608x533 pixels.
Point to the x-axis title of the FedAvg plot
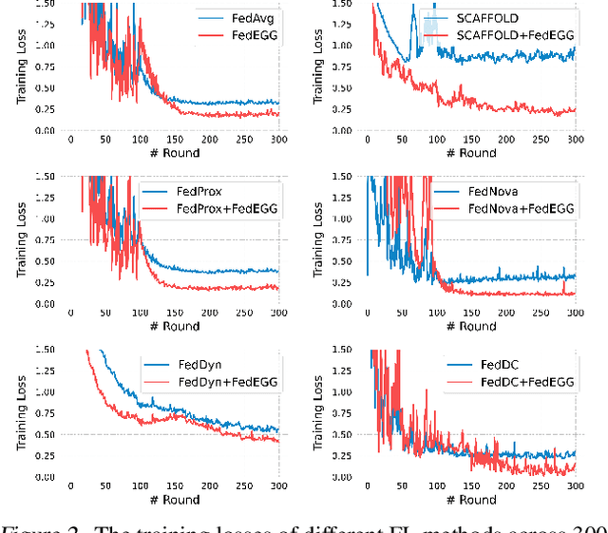pyautogui.click(x=174, y=153)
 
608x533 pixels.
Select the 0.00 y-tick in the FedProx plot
pyautogui.click(x=42, y=304)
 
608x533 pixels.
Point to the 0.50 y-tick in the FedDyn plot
pyautogui.click(x=42, y=434)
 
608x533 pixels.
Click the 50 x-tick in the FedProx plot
pyautogui.click(x=105, y=313)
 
